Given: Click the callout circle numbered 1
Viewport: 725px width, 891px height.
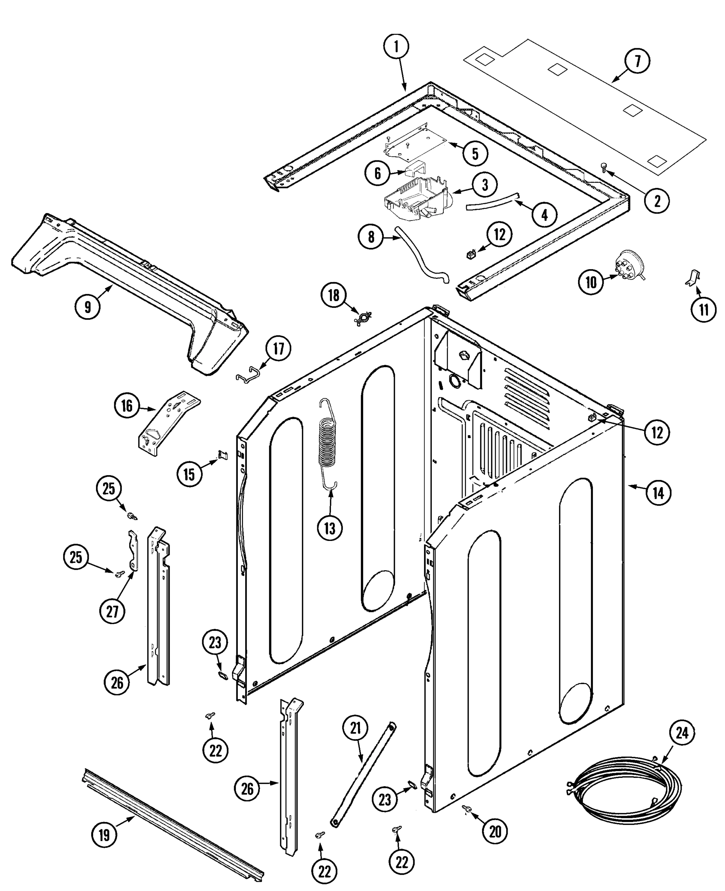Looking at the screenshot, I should point(396,47).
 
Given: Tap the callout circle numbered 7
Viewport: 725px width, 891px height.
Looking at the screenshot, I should point(637,61).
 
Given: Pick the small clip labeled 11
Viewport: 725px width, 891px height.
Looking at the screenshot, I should point(693,278).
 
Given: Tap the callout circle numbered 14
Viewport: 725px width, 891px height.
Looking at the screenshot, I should point(658,493).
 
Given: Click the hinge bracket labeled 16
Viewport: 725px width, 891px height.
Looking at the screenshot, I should point(169,423).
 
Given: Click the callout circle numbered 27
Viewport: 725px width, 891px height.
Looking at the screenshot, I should point(112,611).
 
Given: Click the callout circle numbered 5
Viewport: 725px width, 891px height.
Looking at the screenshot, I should point(475,154).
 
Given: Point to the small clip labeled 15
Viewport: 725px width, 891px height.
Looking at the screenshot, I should point(223,454).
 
